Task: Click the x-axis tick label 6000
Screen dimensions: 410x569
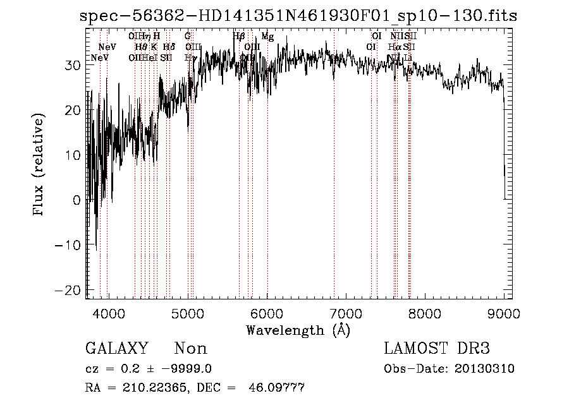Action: (267, 313)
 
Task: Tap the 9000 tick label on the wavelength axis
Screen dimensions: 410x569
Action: (505, 313)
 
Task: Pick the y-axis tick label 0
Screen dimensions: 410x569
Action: (76, 200)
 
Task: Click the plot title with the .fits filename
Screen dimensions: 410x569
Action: (298, 15)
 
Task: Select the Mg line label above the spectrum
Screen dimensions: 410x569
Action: (267, 37)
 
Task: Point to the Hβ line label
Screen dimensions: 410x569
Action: (238, 37)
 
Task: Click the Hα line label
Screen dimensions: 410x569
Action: (395, 47)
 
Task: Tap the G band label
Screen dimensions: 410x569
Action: (188, 37)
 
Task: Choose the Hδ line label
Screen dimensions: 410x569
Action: (168, 47)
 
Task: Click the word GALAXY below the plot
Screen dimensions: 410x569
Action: (117, 349)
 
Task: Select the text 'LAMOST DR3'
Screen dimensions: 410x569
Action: (437, 349)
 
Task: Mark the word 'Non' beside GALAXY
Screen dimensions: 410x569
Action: (190, 349)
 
